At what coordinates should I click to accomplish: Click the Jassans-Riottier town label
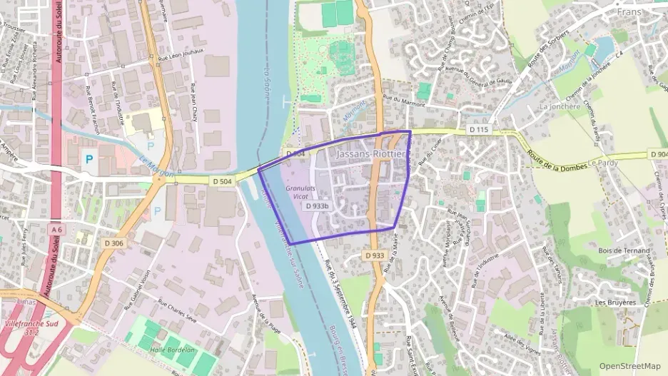pos(370,154)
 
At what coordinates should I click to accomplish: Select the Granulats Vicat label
pos(300,192)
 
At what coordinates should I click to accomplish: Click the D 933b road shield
pos(317,205)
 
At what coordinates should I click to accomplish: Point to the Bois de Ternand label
pos(624,250)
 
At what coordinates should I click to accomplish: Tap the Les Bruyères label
pos(614,303)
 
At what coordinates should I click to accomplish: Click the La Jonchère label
pos(557,107)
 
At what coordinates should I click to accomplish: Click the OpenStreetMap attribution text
pos(629,366)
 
